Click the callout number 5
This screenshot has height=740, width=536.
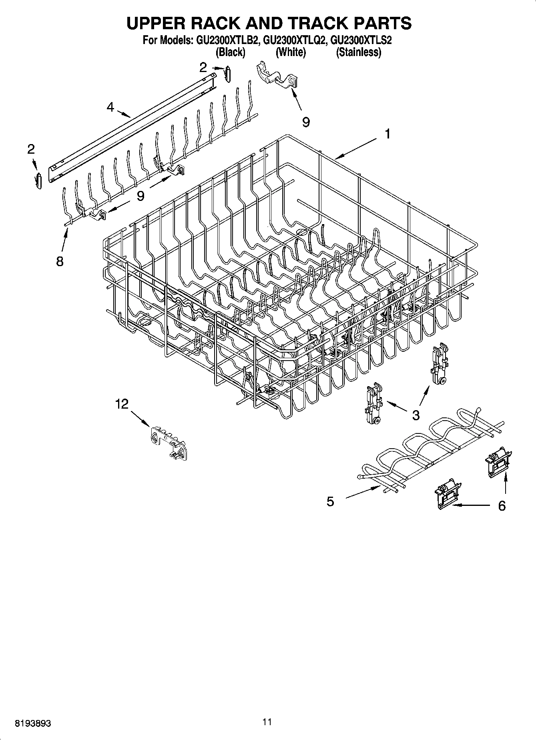330,501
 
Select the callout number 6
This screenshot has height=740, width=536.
502,505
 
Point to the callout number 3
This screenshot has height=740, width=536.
416,415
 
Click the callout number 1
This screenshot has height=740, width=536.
387,134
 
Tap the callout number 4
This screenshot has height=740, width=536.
110,107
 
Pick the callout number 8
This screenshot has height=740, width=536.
59,261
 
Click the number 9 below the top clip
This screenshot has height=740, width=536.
306,122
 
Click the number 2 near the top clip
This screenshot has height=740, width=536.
203,67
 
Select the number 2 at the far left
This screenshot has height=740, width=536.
31,149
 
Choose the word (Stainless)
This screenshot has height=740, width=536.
358,52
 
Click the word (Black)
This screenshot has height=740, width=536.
230,52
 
